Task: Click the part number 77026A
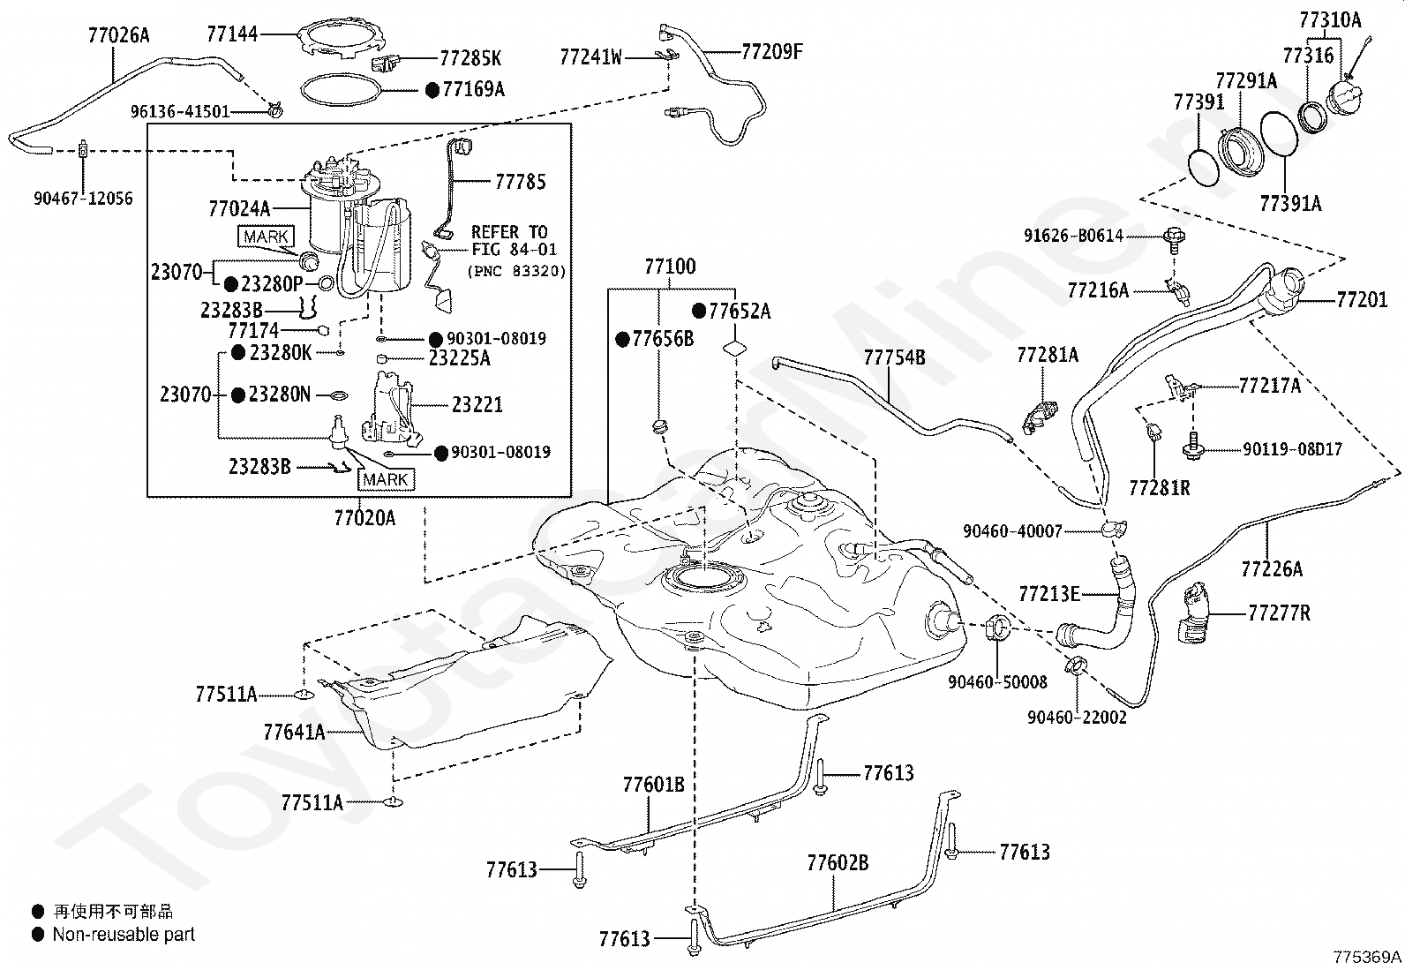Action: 118,35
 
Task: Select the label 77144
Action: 232,34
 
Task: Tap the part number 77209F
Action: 772,51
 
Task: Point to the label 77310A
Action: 1330,20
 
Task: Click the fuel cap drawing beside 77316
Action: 1345,96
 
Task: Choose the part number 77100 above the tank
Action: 670,267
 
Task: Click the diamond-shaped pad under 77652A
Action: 734,349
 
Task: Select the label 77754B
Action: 894,357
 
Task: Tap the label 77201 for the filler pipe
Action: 1362,300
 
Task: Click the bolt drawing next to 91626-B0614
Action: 1174,241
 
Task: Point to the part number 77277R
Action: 1279,613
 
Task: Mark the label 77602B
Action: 838,863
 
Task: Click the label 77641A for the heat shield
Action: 294,733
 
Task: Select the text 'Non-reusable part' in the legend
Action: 124,935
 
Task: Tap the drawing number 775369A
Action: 1367,957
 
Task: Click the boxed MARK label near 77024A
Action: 267,237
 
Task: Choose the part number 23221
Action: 477,405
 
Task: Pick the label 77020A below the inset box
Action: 364,518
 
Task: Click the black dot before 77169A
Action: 432,90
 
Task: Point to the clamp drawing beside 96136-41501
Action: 274,109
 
